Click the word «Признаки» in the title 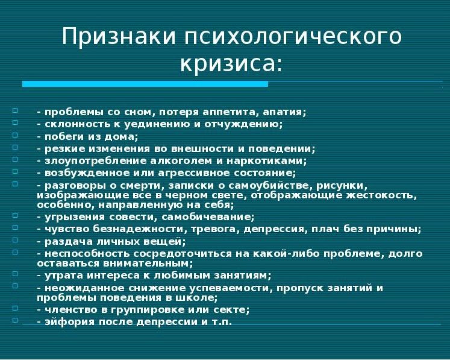(x=119, y=36)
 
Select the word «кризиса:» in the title (x=231, y=63)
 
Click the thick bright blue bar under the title (x=145, y=84)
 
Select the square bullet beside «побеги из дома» (x=15, y=134)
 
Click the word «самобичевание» (x=208, y=217)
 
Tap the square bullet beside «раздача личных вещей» (x=15, y=239)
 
